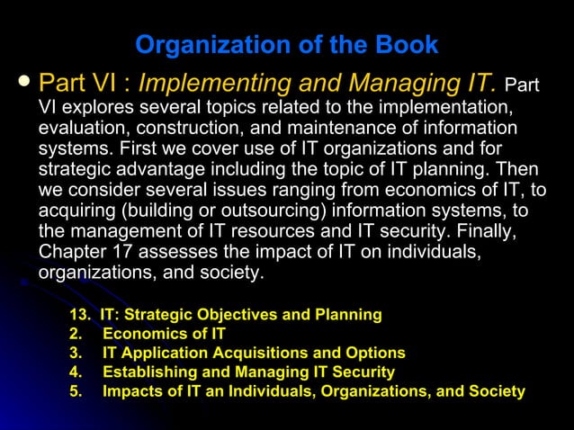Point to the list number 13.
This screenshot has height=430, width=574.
pyautogui.click(x=79, y=315)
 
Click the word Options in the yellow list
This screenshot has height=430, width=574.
pyautogui.click(x=375, y=353)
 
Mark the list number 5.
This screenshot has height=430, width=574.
pyautogui.click(x=75, y=391)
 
